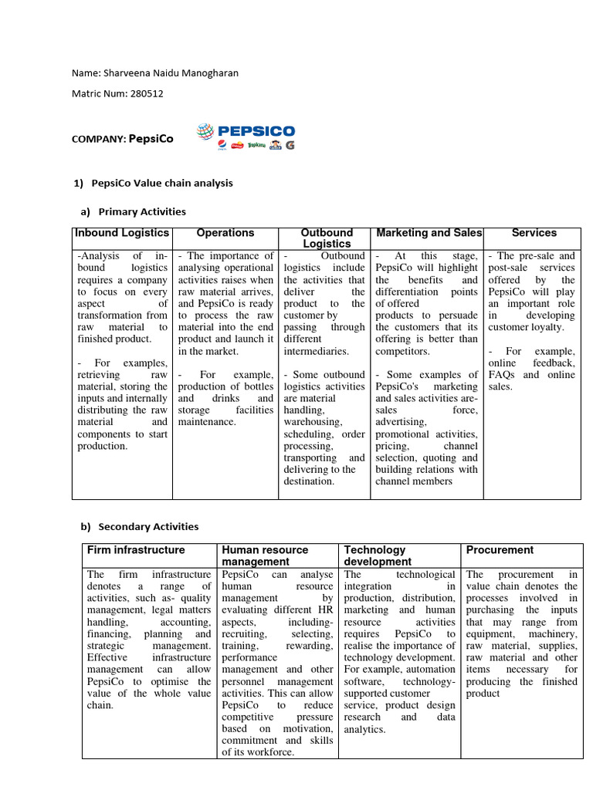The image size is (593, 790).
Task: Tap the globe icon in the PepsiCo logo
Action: (205, 132)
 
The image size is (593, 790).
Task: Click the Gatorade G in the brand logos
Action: (290, 145)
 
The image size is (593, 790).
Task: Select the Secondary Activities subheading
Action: (144, 526)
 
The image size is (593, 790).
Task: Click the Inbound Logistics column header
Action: (122, 232)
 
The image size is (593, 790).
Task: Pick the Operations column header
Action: (225, 232)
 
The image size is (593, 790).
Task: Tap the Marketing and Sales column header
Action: (428, 232)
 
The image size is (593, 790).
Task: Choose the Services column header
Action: (534, 232)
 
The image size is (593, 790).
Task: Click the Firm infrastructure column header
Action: (136, 550)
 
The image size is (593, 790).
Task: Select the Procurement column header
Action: (500, 550)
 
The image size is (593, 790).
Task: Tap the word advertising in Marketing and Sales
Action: (400, 422)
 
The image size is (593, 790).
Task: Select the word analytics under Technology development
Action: (365, 728)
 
